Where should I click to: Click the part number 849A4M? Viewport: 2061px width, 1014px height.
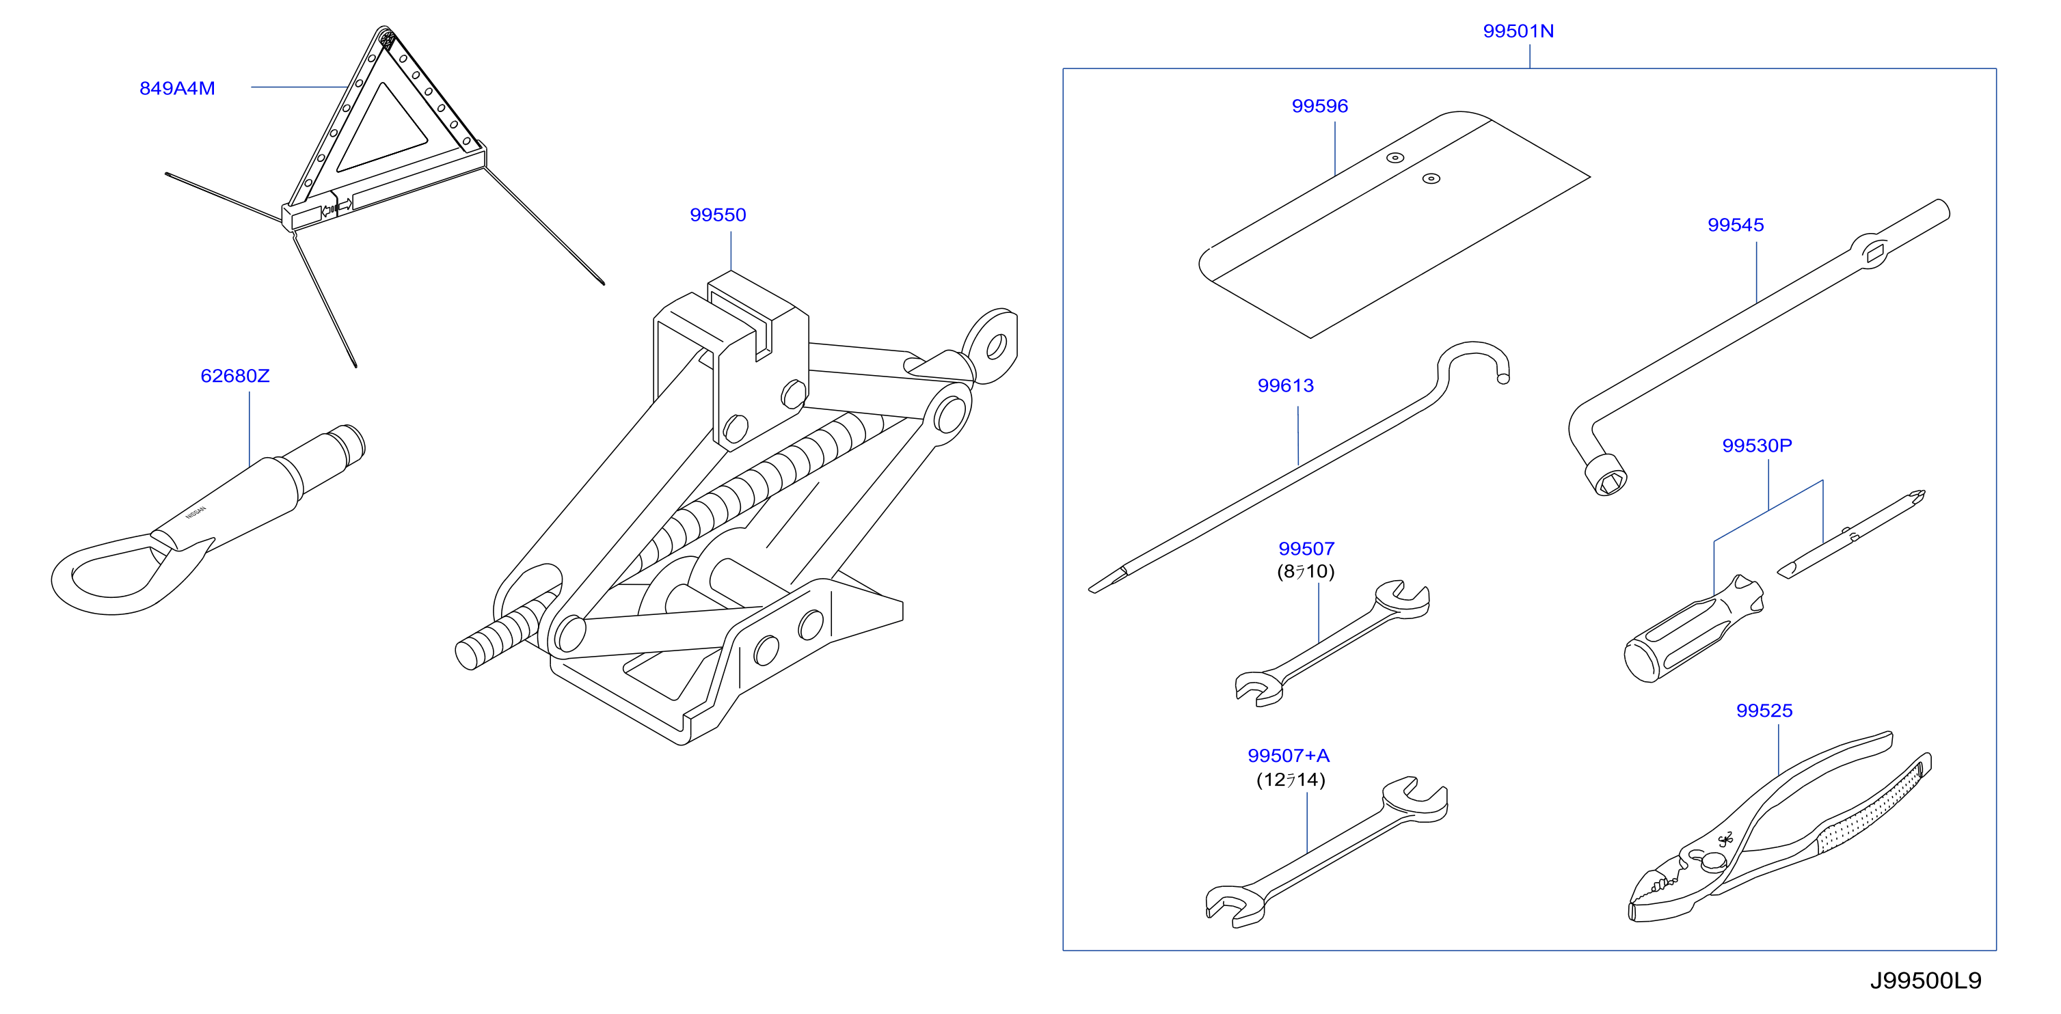(x=177, y=89)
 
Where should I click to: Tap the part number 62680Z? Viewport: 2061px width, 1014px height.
(x=235, y=376)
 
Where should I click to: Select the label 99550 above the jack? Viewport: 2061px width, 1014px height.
(x=718, y=215)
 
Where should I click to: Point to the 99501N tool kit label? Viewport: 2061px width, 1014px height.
(x=1518, y=31)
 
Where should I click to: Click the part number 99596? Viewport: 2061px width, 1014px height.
(x=1320, y=107)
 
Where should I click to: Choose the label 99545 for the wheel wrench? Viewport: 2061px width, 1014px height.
(x=1736, y=225)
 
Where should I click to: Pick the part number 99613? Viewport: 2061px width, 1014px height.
(x=1286, y=386)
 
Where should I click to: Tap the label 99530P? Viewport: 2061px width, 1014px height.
(x=1757, y=446)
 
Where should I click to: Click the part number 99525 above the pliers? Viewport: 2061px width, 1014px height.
(x=1764, y=711)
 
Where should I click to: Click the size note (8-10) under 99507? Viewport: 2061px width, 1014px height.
(x=1306, y=572)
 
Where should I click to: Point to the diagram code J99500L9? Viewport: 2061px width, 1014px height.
(x=1926, y=981)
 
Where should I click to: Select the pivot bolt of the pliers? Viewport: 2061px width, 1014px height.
(x=1714, y=862)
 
